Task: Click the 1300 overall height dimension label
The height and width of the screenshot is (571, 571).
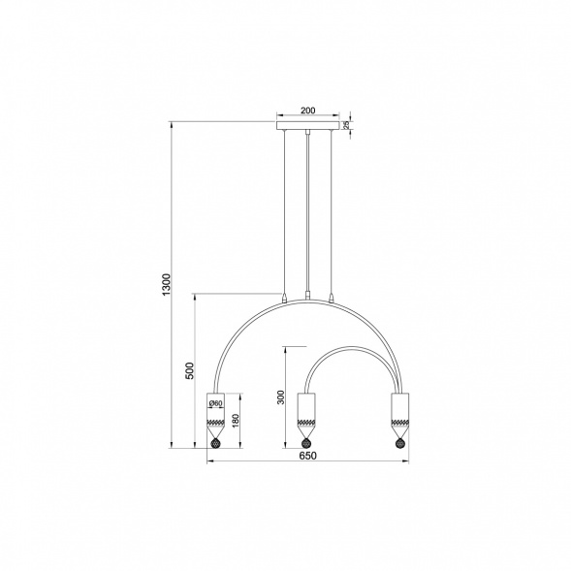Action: coord(166,284)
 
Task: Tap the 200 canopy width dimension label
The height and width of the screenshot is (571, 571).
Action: coord(308,111)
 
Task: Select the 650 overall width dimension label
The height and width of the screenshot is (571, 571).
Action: coord(307,456)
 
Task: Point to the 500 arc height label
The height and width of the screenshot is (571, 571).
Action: coord(190,370)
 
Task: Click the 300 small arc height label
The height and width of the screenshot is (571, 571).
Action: coord(281,397)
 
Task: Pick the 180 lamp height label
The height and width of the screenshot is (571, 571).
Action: coord(236,421)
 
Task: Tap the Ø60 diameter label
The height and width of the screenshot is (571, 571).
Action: coord(216,403)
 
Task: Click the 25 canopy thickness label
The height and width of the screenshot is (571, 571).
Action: coord(346,125)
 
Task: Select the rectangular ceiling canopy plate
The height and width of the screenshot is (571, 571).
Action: coord(308,126)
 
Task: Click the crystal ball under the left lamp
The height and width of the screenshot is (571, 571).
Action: coord(216,444)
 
